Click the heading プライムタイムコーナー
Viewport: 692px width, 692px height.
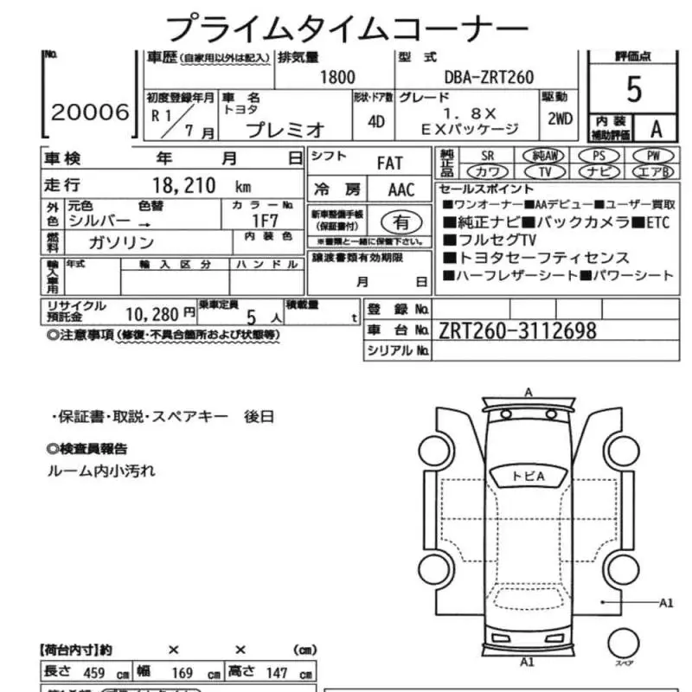pos(345,28)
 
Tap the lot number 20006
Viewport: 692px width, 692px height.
pos(89,112)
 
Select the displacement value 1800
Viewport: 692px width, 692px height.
pos(337,77)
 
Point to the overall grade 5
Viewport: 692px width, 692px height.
pos(634,89)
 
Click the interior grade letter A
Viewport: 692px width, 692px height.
pos(657,129)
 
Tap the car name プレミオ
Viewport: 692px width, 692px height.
pos(285,130)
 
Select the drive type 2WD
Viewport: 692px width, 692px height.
pos(560,121)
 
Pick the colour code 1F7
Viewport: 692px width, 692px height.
pos(267,221)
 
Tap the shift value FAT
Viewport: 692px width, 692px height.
pos(390,163)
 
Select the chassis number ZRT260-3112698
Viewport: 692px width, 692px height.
pos(517,330)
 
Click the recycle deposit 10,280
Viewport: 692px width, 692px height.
pos(157,312)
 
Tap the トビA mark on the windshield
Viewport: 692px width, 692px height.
pos(528,476)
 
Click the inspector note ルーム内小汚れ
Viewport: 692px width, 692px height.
pos(101,471)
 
